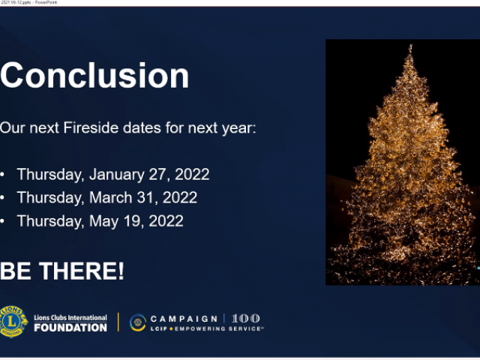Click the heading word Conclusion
point(94,75)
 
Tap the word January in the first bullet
point(117,175)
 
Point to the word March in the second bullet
point(110,197)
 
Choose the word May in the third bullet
point(103,221)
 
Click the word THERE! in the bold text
point(82,271)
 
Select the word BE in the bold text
point(15,271)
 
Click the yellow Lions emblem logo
point(13,322)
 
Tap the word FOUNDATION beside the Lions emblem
point(70,328)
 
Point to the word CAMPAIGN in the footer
point(184,319)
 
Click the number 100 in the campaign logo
point(246,318)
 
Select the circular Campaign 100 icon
point(138,322)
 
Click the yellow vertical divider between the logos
point(118,322)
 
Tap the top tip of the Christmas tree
point(410,45)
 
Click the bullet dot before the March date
point(2,198)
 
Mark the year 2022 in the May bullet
point(166,221)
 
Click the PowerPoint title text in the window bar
point(46,2)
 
